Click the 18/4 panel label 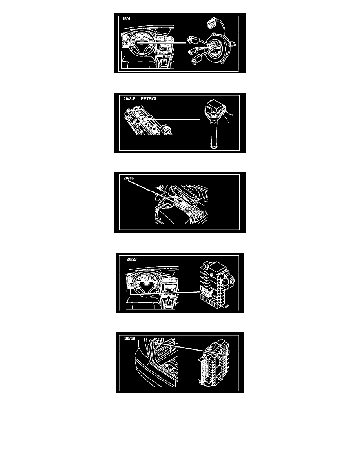pyautogui.click(x=126, y=19)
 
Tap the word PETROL pyautogui.click(x=149, y=99)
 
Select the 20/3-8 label pyautogui.click(x=129, y=99)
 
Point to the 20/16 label pyautogui.click(x=129, y=178)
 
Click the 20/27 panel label pyautogui.click(x=132, y=259)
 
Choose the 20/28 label pyautogui.click(x=129, y=338)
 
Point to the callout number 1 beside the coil pyautogui.click(x=232, y=115)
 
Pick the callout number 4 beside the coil pyautogui.click(x=229, y=122)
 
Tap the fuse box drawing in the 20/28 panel pyautogui.click(x=213, y=362)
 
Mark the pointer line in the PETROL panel pyautogui.click(x=172, y=120)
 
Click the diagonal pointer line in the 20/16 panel pyautogui.click(x=164, y=198)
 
